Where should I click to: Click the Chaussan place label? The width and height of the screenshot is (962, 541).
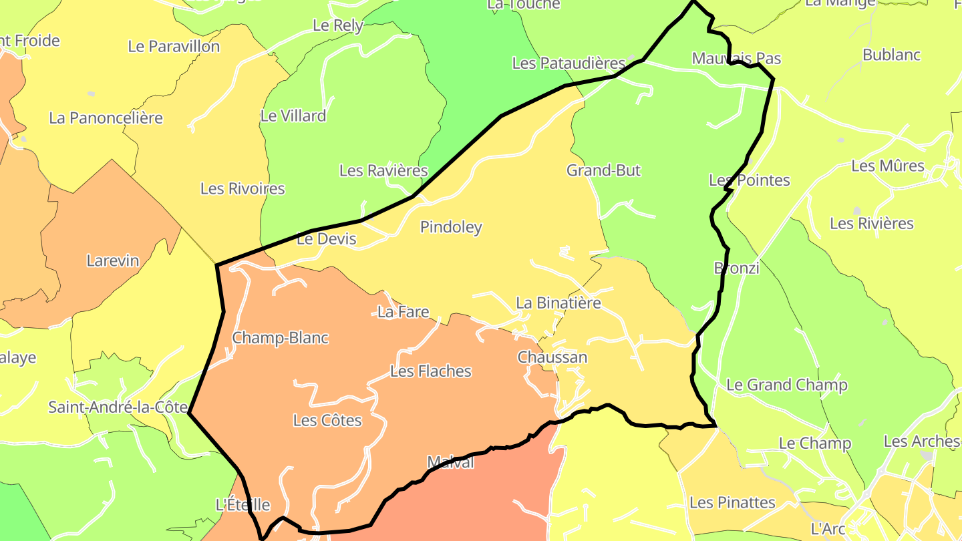tap(552, 357)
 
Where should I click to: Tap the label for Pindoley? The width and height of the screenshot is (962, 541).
tap(451, 227)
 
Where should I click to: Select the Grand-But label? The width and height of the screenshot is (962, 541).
tap(603, 170)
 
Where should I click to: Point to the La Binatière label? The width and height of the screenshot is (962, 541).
tap(558, 303)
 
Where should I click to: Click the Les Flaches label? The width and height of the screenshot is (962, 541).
tap(430, 371)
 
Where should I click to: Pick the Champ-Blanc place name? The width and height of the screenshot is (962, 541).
tap(280, 338)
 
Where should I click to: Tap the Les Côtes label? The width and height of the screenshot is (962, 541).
tap(327, 421)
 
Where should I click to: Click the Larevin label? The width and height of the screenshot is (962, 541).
tap(113, 260)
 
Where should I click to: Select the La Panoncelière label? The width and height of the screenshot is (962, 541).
tap(106, 118)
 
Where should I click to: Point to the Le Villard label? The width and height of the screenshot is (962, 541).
tap(293, 116)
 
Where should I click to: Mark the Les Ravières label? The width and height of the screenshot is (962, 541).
tap(383, 170)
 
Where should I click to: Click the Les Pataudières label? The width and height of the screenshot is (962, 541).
tap(569, 63)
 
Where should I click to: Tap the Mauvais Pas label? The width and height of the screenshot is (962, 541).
tap(736, 58)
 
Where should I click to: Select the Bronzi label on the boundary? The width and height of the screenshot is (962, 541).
tap(737, 268)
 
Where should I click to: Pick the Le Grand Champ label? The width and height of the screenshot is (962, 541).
tap(786, 385)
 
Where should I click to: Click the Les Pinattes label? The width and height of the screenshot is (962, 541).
tap(732, 503)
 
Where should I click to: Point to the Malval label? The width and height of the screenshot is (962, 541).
tap(450, 462)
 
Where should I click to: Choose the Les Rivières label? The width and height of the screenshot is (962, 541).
tap(871, 224)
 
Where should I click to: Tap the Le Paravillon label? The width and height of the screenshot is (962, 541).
tap(174, 47)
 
